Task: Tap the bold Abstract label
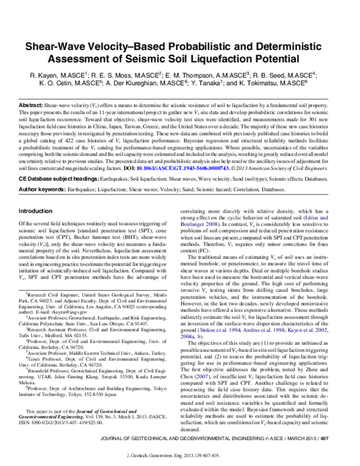(x=31, y=104)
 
